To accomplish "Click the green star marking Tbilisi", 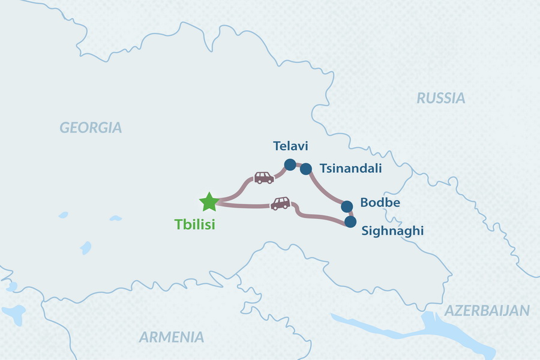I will (x=209, y=202).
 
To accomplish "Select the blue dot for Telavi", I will (x=290, y=164).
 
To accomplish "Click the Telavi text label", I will (x=290, y=146).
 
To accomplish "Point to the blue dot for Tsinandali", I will (x=305, y=168).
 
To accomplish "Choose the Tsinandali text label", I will (x=350, y=169).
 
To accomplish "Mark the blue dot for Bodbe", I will (x=347, y=206).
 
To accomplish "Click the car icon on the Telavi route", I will (x=264, y=178).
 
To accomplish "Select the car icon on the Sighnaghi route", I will (x=280, y=203).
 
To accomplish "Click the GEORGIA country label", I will (x=90, y=127).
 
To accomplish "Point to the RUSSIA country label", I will (x=441, y=98).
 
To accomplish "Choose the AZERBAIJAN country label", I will (x=487, y=311).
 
